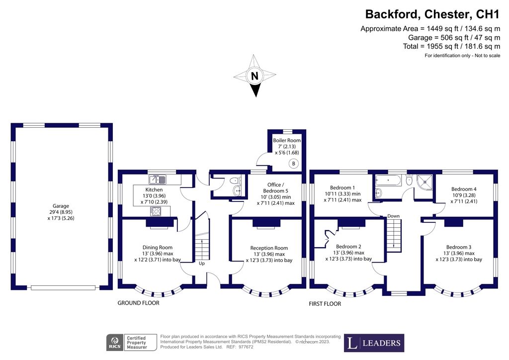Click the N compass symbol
tap(254, 77)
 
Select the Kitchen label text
tap(154, 189)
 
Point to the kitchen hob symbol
tap(156, 211)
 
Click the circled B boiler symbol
tap(294, 164)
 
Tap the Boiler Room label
tap(287, 141)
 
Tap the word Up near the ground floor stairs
tap(202, 264)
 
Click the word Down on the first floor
tap(394, 216)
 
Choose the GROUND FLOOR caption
tap(138, 303)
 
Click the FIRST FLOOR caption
tap(325, 304)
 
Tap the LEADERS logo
tap(374, 343)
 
